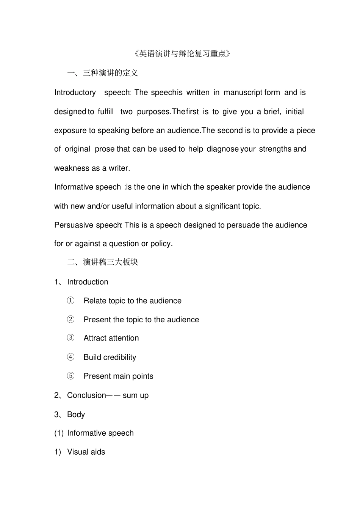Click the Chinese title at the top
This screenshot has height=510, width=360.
tap(182, 53)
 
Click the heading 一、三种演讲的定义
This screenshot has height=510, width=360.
tap(102, 73)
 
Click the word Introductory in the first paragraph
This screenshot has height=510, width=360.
tap(75, 93)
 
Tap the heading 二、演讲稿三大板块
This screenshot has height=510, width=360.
tap(102, 262)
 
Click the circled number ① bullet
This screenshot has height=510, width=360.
tap(71, 301)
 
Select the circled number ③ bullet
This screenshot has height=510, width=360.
tap(71, 338)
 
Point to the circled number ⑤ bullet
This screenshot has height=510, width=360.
tap(71, 376)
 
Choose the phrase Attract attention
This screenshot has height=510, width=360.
tap(111, 338)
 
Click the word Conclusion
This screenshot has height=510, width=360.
tap(86, 395)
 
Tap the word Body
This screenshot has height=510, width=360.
tap(76, 414)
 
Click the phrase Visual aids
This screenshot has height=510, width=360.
tap(86, 452)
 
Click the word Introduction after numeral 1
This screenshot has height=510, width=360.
tap(88, 282)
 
